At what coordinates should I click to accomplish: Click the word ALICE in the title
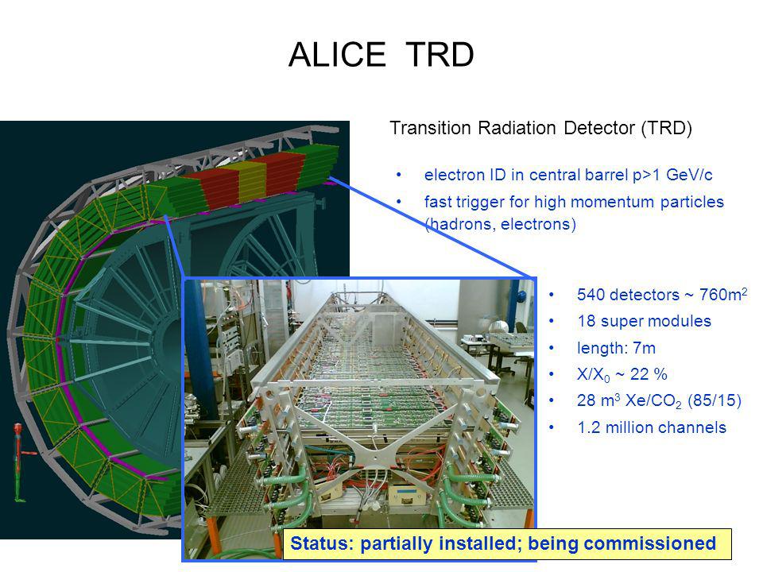pos(337,55)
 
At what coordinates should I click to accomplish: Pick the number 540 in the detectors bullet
pos(591,295)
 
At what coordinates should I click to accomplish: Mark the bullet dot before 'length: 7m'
pos(552,348)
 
